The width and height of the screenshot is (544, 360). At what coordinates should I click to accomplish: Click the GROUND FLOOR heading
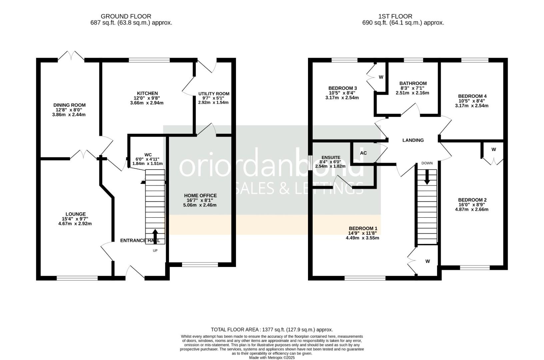[x=126, y=16]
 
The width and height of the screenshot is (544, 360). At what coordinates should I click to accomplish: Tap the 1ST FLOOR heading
[x=395, y=16]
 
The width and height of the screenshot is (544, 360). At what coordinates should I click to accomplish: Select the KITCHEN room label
[x=147, y=93]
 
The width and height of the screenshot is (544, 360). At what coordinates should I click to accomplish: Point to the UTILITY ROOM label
[x=214, y=94]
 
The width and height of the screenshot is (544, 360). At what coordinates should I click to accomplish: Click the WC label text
[x=148, y=155]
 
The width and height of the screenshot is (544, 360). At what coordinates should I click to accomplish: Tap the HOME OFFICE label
[x=200, y=196]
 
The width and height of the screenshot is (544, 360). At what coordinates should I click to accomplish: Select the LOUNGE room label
[x=76, y=214]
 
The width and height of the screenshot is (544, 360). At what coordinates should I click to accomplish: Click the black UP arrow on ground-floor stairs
[x=155, y=236]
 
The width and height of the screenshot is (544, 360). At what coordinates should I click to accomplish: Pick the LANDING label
[x=413, y=140]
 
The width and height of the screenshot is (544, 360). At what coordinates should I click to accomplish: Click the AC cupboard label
[x=363, y=153]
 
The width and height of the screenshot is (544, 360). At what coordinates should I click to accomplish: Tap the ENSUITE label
[x=331, y=158]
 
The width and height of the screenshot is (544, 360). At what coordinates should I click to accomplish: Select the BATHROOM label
[x=413, y=83]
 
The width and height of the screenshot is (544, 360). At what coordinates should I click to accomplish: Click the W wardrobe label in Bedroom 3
[x=381, y=77]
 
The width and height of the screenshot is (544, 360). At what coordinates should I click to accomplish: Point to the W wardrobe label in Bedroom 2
[x=494, y=149]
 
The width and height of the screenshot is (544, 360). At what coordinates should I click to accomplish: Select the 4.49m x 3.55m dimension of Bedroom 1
[x=363, y=238]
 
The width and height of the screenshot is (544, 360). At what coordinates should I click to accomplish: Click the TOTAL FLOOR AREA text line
[x=272, y=329]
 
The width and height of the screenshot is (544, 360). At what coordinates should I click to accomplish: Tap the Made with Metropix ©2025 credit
[x=272, y=358]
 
